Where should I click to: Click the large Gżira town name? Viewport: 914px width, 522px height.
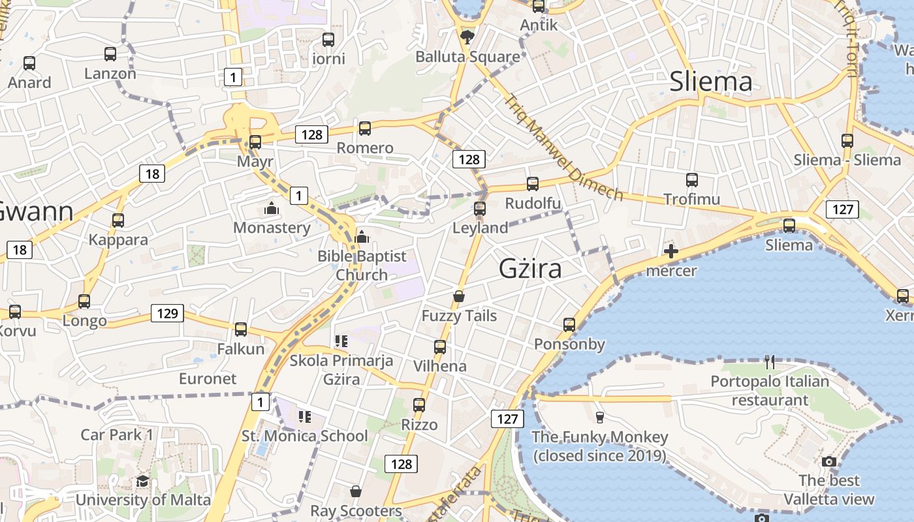(x=530, y=268)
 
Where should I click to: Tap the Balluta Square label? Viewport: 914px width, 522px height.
(x=468, y=57)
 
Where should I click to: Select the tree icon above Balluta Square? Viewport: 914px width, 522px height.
(x=467, y=37)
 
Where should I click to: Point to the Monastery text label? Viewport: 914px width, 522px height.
(x=272, y=228)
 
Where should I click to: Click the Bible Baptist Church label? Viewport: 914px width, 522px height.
(x=362, y=265)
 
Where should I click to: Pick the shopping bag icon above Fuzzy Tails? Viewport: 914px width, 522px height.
(x=460, y=297)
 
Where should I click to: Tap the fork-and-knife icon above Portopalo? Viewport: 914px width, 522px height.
(x=770, y=361)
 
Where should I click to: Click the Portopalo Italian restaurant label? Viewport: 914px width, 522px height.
(x=770, y=390)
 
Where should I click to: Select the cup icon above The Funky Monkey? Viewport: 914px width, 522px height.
(x=600, y=417)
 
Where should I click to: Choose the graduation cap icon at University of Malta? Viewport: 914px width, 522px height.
(x=142, y=482)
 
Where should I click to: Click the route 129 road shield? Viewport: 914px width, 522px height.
(x=167, y=313)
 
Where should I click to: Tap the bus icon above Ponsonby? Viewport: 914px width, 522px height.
(x=569, y=324)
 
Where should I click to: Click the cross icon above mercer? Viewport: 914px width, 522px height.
(x=671, y=251)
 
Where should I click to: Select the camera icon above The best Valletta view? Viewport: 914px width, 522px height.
(x=829, y=461)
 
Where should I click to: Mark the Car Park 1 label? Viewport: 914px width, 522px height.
(x=117, y=435)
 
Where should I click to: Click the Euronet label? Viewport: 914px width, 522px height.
(x=208, y=378)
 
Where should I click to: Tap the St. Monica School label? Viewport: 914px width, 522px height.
(x=305, y=436)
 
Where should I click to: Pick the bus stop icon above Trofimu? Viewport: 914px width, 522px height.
(x=692, y=179)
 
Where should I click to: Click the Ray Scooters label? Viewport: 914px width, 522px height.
(x=356, y=510)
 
